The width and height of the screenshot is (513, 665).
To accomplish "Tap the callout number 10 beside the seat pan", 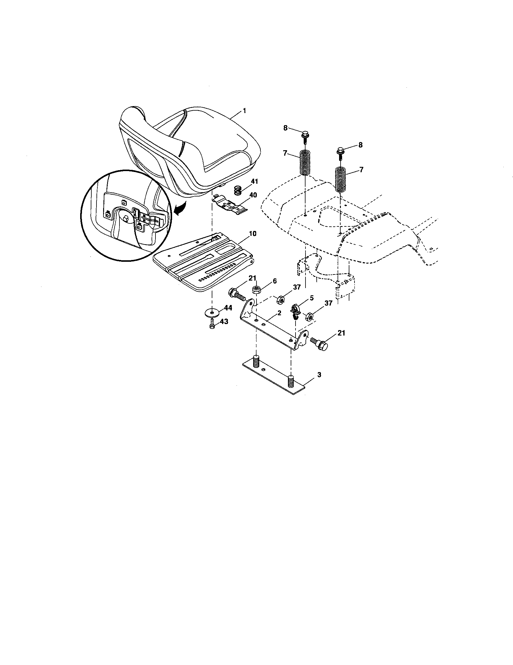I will [253, 234].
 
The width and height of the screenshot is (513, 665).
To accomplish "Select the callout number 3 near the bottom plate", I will [319, 375].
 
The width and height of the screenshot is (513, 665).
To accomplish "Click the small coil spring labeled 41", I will [238, 191].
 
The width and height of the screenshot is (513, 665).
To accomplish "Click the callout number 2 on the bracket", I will [279, 313].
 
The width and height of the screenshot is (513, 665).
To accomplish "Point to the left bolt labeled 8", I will [305, 135].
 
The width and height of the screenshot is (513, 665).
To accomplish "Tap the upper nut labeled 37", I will [280, 300].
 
